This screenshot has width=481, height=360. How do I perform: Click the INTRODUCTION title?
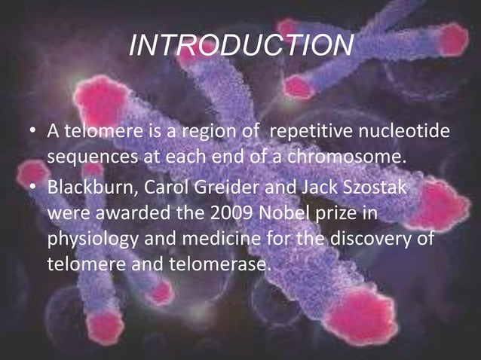coord(240,46)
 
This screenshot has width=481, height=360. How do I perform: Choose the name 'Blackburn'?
coord(84,186)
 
